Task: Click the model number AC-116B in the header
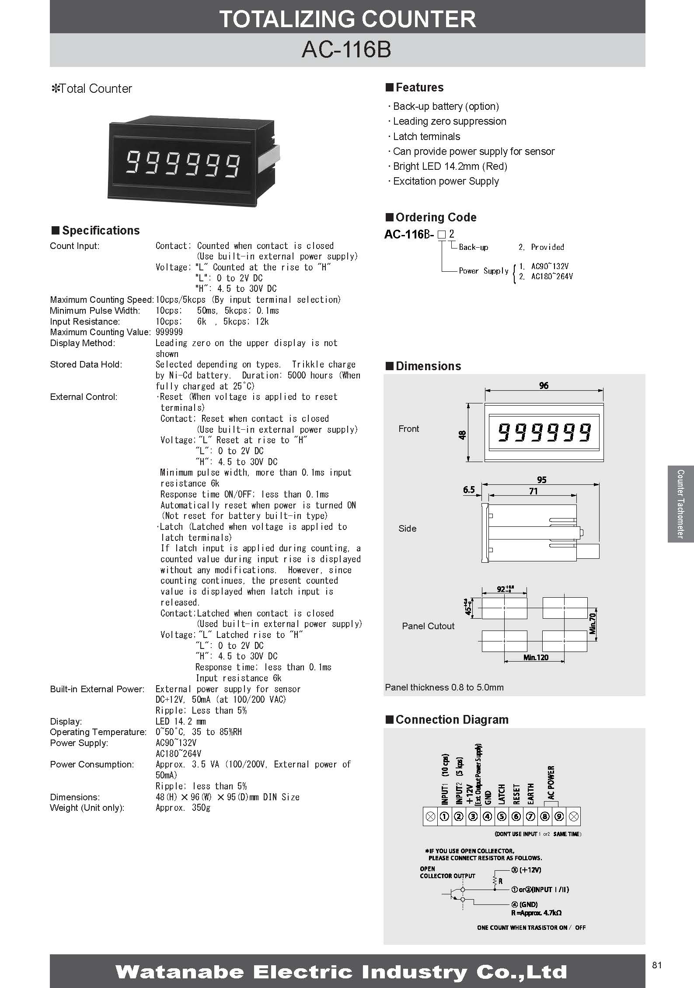(x=346, y=50)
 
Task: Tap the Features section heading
(x=419, y=88)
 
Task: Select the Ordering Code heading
(x=436, y=217)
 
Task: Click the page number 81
(x=657, y=965)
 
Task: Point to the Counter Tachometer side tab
(x=680, y=504)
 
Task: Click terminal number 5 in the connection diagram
(x=502, y=816)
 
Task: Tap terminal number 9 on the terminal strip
(x=560, y=816)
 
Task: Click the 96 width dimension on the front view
(x=544, y=385)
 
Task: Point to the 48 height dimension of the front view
(x=463, y=434)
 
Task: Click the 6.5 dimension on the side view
(x=469, y=489)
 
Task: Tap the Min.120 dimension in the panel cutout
(x=536, y=657)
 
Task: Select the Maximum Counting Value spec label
(x=100, y=332)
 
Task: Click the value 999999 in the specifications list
(x=169, y=332)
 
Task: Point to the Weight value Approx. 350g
(x=183, y=808)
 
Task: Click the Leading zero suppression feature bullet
(x=449, y=121)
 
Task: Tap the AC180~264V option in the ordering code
(x=552, y=277)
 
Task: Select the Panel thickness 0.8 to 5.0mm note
(x=444, y=687)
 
